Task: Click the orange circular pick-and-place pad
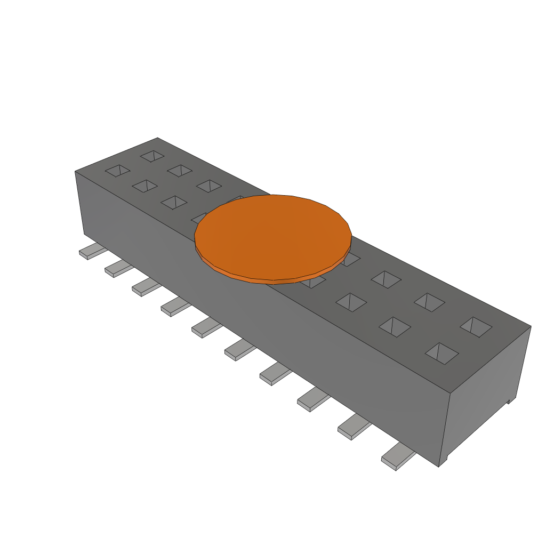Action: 272,235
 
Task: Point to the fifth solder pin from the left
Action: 206,327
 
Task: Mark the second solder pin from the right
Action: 354,427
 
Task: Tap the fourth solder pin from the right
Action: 275,374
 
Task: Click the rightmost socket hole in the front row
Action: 442,353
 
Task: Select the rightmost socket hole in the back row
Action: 476,326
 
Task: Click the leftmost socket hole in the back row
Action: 152,156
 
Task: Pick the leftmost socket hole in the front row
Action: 118,171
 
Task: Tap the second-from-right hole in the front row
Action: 395,326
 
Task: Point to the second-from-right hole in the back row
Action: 430,302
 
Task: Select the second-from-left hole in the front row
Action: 144,186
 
